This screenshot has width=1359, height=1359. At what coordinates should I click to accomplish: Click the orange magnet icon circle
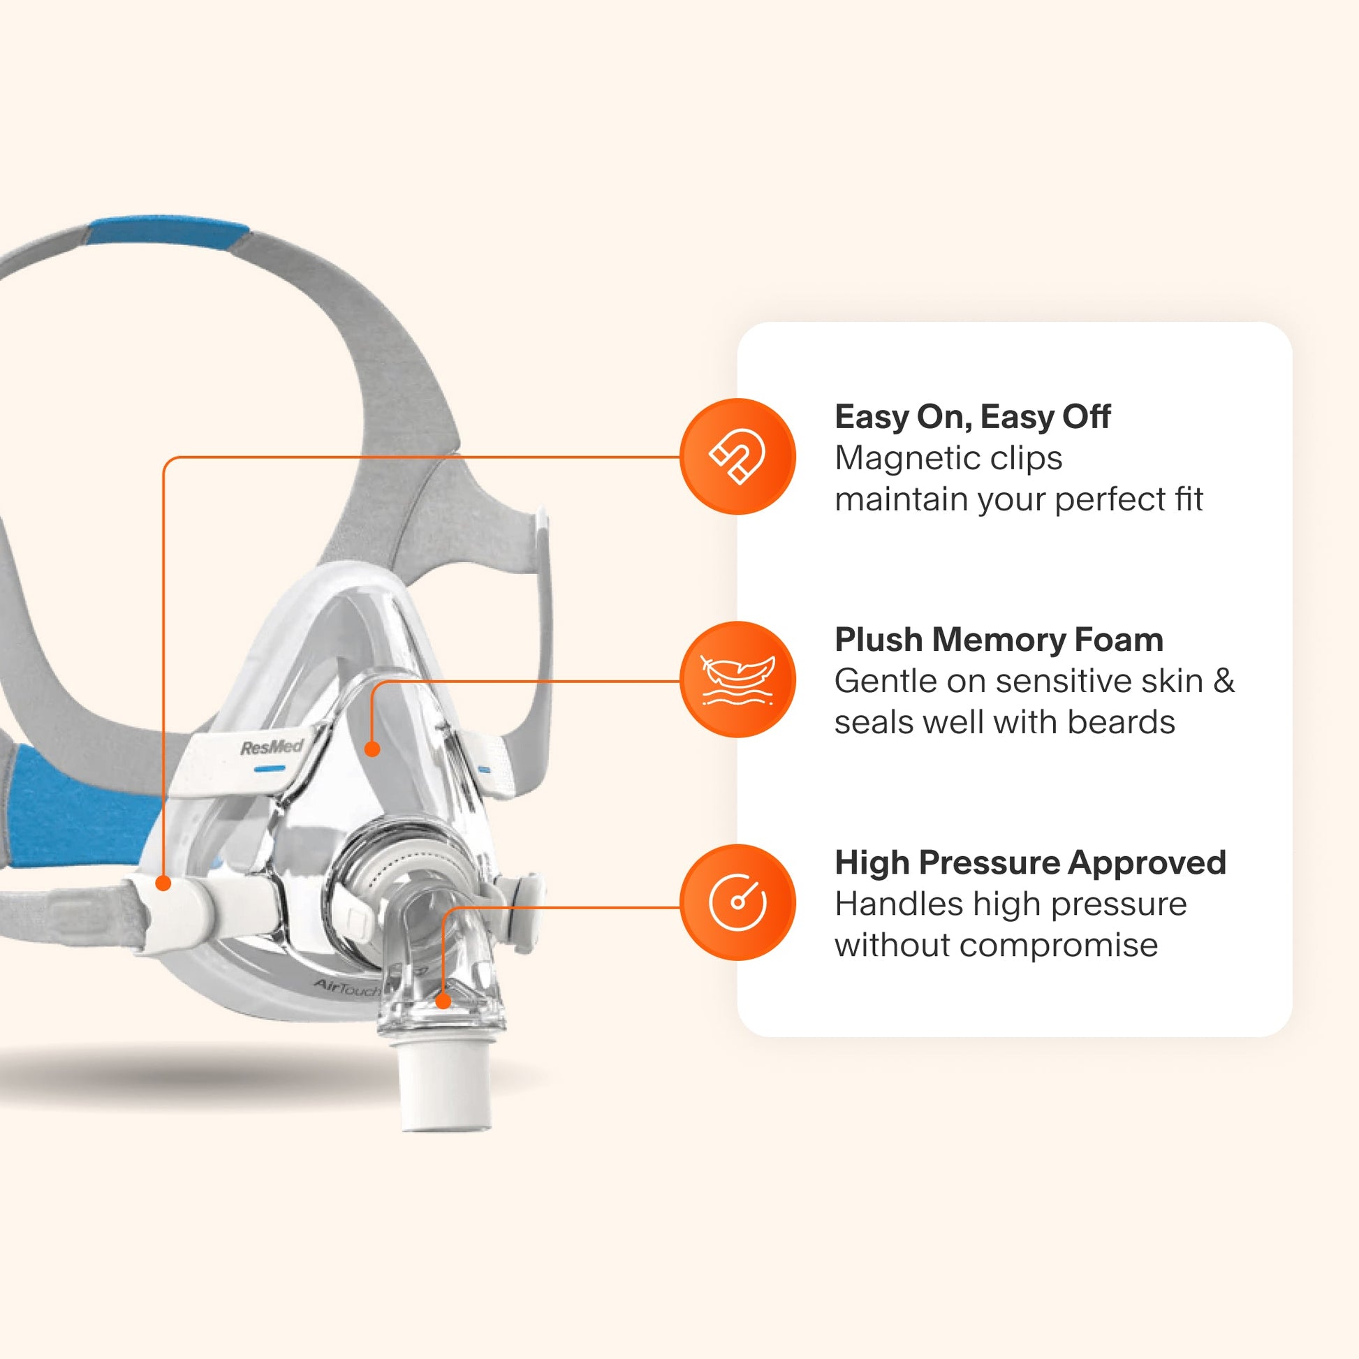point(737,457)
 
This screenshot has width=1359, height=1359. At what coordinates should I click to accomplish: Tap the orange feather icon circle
point(737,679)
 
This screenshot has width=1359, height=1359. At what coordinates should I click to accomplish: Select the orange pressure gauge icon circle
point(737,902)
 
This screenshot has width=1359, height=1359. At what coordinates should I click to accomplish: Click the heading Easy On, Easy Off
point(971,417)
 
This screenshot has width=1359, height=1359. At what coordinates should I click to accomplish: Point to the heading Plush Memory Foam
point(998,640)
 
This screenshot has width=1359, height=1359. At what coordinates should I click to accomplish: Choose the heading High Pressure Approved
point(1030,863)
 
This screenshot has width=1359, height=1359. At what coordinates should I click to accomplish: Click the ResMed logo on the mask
point(272,747)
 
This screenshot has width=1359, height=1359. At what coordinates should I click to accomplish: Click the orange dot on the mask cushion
point(373,749)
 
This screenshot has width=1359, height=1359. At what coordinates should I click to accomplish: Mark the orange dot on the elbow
point(443,1001)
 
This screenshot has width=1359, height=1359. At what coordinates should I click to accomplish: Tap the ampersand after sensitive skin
point(1224,681)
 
